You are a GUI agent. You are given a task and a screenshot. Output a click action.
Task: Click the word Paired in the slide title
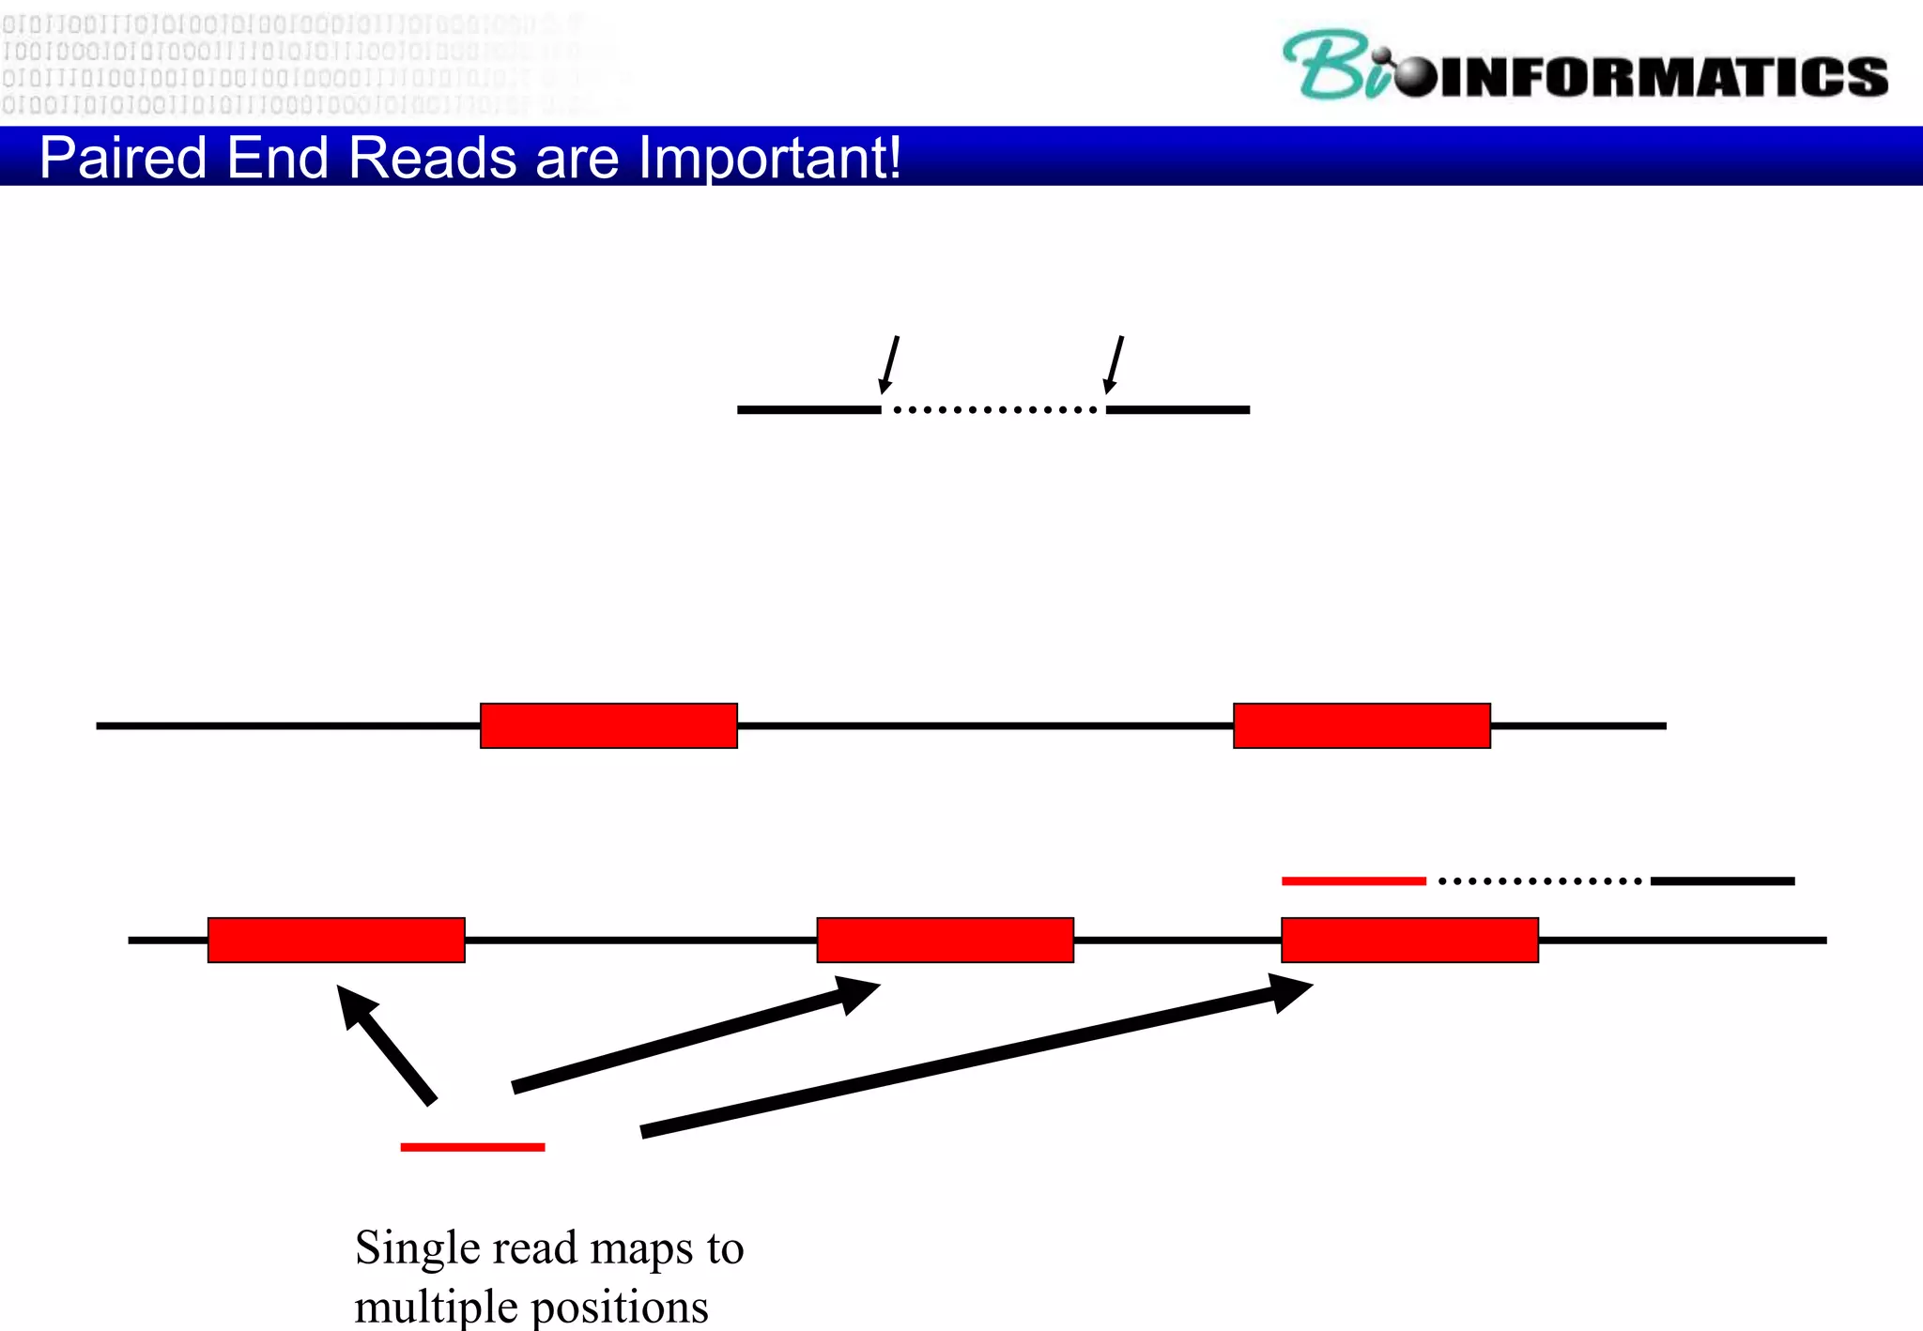coord(122,158)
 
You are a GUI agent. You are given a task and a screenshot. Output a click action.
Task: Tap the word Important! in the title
coord(769,158)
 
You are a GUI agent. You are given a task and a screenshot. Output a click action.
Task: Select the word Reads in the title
coord(432,158)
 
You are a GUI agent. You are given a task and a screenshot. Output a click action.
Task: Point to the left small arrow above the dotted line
coord(888,364)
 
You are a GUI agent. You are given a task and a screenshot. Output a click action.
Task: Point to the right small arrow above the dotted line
coord(1114,364)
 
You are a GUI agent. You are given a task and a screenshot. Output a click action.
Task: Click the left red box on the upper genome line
coord(608,726)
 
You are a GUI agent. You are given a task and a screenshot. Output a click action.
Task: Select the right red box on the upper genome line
coord(1361,726)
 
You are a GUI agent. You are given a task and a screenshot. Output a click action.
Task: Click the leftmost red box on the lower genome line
coord(336,940)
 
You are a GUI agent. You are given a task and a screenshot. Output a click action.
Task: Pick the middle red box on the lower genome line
coord(945,940)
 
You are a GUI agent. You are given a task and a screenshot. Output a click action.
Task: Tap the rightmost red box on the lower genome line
coord(1409,940)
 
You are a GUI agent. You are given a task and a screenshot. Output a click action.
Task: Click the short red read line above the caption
coord(472,1147)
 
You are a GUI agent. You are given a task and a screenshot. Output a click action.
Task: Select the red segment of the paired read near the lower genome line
coord(1353,880)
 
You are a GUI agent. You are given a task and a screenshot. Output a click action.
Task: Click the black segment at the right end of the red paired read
coord(1722,880)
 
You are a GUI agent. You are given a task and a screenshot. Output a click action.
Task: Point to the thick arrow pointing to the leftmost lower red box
coord(386,1044)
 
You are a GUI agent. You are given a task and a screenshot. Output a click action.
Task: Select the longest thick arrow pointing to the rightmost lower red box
coord(977,1056)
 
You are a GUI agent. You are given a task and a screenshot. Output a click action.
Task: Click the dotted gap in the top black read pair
coord(993,409)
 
